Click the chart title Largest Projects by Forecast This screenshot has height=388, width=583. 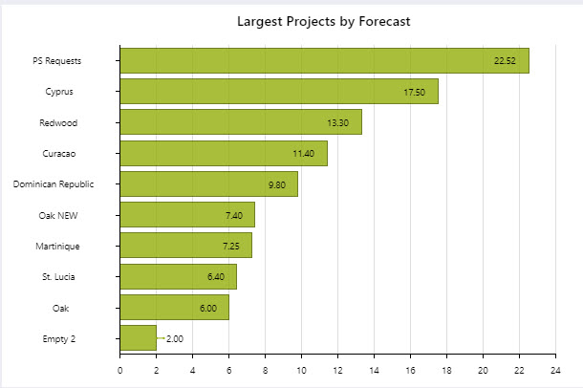click(x=324, y=21)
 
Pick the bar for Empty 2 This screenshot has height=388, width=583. click(x=138, y=338)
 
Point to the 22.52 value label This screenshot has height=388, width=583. click(x=505, y=61)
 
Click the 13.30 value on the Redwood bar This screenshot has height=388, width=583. click(x=338, y=123)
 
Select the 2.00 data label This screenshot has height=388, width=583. click(x=175, y=338)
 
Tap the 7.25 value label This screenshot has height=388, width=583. click(x=230, y=247)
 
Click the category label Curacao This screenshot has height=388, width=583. click(x=60, y=154)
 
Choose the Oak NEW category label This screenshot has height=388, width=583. click(x=59, y=216)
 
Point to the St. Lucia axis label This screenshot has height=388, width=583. click(x=60, y=277)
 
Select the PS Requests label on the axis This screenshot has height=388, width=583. click(x=57, y=61)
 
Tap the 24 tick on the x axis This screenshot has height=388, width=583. click(x=555, y=370)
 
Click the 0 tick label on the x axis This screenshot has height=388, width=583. click(x=120, y=370)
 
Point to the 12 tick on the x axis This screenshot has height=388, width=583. click(x=337, y=370)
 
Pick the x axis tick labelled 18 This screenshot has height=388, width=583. click(x=446, y=370)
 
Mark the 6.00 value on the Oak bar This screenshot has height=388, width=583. click(x=208, y=308)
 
